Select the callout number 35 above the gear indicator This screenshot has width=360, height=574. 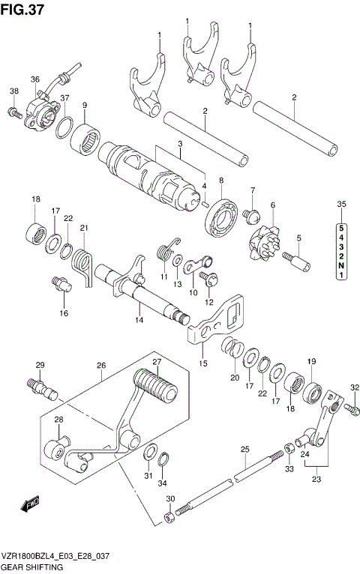tap(341, 204)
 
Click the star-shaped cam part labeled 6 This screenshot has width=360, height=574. tap(265, 241)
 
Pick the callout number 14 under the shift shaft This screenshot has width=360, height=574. tap(138, 320)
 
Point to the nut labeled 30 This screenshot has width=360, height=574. tap(171, 516)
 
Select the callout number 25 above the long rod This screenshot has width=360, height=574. tap(244, 450)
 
